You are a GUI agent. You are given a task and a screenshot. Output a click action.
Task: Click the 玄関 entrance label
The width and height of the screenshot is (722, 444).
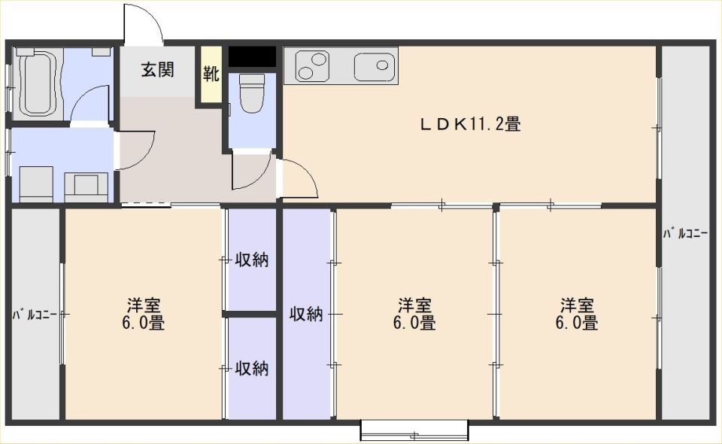[157, 69]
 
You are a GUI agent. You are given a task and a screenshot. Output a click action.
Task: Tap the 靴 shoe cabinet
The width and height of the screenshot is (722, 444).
[211, 74]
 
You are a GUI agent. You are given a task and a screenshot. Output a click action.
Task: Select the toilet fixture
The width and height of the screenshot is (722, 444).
[252, 93]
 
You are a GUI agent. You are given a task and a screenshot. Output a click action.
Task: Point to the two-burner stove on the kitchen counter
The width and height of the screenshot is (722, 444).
[313, 66]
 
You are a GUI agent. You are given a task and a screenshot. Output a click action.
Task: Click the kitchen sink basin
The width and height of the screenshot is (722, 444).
[375, 67]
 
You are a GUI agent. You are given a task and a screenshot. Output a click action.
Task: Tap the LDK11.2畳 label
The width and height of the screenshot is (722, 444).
[469, 124]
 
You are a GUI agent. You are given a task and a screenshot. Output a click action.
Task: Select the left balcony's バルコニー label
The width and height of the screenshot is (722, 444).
[35, 315]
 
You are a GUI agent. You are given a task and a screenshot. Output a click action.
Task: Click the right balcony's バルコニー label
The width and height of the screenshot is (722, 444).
[685, 233]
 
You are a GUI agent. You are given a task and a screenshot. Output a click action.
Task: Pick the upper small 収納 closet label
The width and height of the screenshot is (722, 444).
[252, 260]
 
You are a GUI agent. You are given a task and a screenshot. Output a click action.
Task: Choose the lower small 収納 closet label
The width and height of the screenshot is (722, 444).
[252, 368]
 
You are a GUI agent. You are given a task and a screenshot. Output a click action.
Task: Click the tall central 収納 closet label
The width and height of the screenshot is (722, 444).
[306, 314]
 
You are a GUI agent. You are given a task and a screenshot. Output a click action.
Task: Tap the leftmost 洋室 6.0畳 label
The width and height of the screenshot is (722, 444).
[143, 314]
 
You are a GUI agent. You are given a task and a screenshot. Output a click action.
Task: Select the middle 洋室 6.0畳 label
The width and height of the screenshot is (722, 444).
[414, 314]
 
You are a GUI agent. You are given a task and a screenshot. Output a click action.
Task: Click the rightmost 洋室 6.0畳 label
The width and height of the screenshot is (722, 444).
[577, 314]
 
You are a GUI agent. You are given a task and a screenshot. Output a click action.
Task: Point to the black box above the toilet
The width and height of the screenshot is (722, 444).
[253, 56]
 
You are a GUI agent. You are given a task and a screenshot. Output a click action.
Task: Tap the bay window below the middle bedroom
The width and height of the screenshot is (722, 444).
[414, 430]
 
